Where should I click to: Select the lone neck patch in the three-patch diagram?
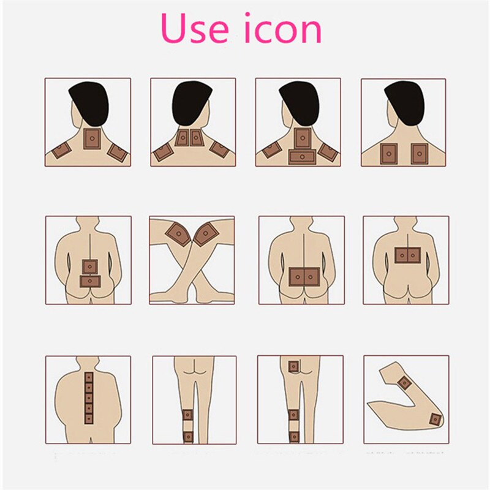click(x=91, y=139)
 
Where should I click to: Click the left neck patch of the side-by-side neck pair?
click(x=182, y=138)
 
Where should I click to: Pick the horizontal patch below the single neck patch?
click(x=303, y=157)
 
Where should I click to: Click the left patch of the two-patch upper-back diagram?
click(x=390, y=153)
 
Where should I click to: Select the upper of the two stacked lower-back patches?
click(x=89, y=266)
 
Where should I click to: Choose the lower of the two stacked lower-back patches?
click(x=89, y=281)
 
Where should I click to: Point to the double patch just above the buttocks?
click(x=304, y=277)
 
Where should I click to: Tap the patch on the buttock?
click(x=293, y=366)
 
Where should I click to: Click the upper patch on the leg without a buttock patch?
click(x=189, y=415)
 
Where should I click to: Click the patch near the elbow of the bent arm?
click(x=435, y=419)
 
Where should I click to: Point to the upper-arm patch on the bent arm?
click(x=404, y=383)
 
